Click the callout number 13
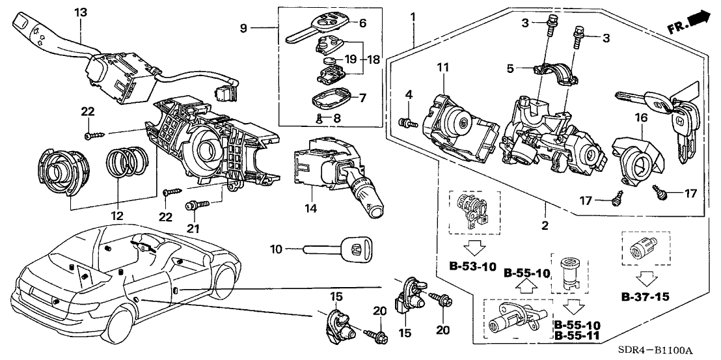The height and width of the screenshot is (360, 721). click(80, 12)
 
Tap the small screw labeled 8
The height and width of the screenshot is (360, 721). click(318, 118)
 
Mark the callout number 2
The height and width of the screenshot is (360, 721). click(545, 226)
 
